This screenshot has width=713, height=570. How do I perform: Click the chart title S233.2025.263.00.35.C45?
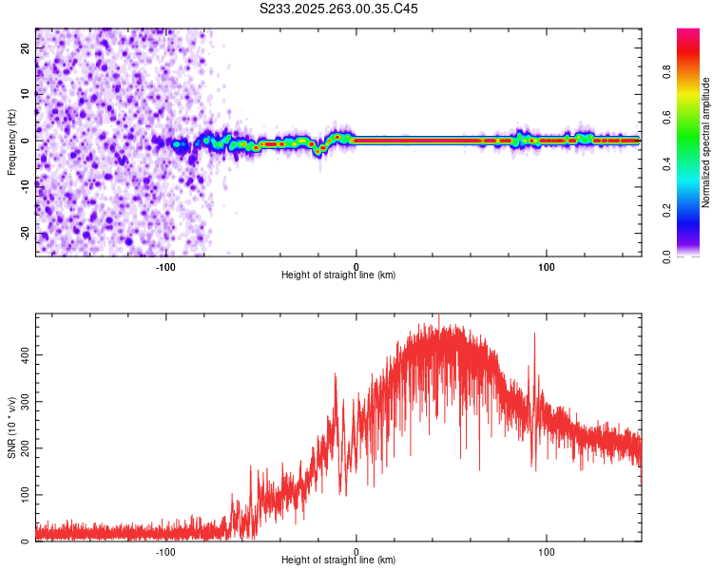[339, 9]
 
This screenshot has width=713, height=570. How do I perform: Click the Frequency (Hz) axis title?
[11, 142]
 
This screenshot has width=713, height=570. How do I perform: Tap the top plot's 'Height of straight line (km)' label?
[338, 275]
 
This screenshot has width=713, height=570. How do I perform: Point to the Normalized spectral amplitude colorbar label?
[705, 142]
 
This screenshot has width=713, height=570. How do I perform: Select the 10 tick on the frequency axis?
[27, 94]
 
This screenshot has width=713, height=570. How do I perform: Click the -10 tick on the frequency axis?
[25, 186]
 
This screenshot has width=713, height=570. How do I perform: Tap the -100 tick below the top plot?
[165, 266]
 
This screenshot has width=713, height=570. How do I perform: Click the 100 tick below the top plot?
[547, 266]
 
